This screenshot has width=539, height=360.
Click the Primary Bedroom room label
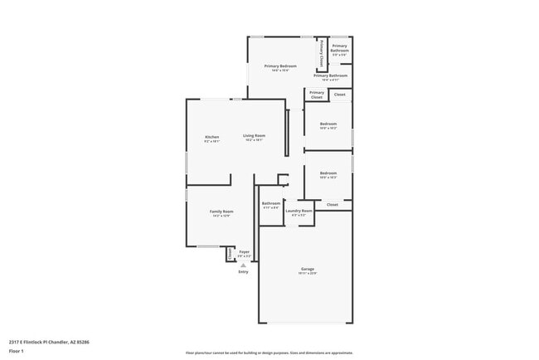click(x=280, y=66)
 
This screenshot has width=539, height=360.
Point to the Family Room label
click(x=221, y=212)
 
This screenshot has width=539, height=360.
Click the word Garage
click(x=307, y=269)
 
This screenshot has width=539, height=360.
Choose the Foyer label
click(x=244, y=251)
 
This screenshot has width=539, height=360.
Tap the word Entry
click(x=243, y=271)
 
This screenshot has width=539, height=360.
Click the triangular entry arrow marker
click(x=243, y=265)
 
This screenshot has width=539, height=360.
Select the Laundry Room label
click(x=299, y=211)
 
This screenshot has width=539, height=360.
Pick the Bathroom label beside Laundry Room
click(x=271, y=203)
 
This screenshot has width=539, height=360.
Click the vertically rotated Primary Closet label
click(x=321, y=54)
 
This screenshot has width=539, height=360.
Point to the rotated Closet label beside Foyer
click(x=230, y=254)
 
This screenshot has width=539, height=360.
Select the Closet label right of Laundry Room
click(x=332, y=204)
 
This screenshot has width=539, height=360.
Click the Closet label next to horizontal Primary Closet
click(x=339, y=95)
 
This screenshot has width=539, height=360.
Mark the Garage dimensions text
click(x=307, y=273)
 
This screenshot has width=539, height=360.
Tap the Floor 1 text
click(x=16, y=351)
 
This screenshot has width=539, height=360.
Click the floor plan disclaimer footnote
click(x=269, y=352)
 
